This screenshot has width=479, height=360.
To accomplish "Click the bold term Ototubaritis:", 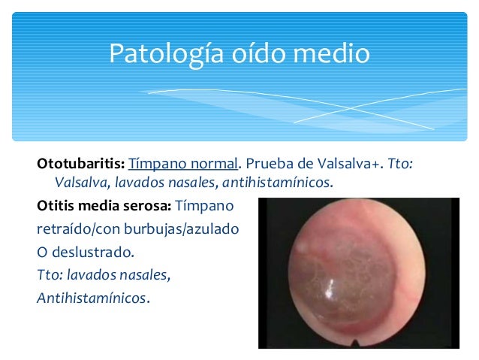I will pyautogui.click(x=80, y=163).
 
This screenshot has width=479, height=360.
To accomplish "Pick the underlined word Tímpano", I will pyautogui.click(x=153, y=163).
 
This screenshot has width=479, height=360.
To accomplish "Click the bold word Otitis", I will pyautogui.click(x=56, y=205).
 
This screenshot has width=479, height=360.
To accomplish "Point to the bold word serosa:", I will pyautogui.click(x=149, y=205).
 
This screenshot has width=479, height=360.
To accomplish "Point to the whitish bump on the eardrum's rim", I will pyautogui.click(x=302, y=244).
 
